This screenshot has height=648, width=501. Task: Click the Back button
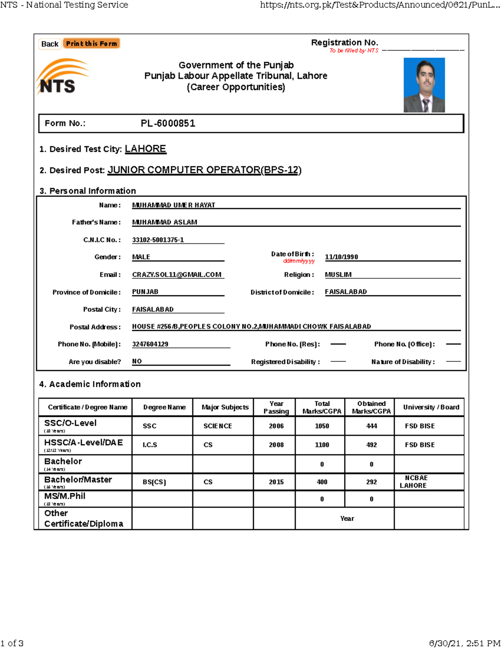tap(50, 44)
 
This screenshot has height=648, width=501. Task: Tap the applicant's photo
tap(424, 85)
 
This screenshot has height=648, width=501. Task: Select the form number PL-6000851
tap(168, 124)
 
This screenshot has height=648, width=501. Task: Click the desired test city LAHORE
tap(145, 149)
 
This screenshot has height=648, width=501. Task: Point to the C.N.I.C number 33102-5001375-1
tap(158, 240)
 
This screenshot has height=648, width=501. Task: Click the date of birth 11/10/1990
tap(341, 257)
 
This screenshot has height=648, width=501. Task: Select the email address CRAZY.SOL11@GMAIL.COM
tap(177, 275)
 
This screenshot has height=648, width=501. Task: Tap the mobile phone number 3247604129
tap(150, 344)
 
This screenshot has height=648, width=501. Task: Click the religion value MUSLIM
tap(338, 275)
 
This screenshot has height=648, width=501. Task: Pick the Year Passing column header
tap(276, 407)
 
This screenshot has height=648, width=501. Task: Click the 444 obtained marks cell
tap(371, 426)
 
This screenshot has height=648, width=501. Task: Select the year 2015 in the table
tap(276, 482)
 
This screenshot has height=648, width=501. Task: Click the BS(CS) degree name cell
tap(154, 482)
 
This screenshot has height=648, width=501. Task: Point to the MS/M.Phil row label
tap(65, 497)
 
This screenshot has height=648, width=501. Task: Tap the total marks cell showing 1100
tap(321, 445)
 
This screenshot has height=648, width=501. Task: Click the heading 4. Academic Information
tap(90, 384)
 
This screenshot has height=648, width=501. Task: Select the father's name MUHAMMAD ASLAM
tap(164, 222)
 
